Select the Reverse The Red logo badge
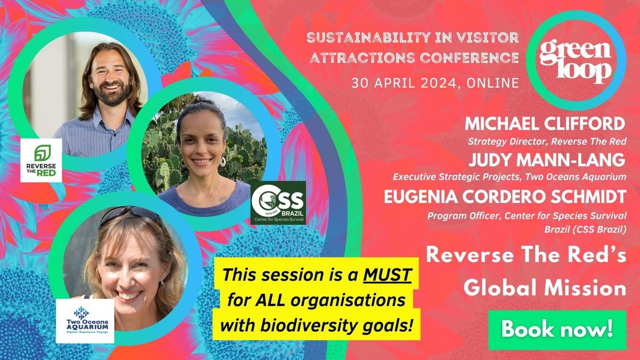[41, 160]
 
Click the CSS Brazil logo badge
[278, 203]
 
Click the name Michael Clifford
[545, 124]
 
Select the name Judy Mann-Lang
[547, 160]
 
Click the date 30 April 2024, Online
[435, 83]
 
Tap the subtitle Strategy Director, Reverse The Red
[546, 140]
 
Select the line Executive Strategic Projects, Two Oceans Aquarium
[509, 177]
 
